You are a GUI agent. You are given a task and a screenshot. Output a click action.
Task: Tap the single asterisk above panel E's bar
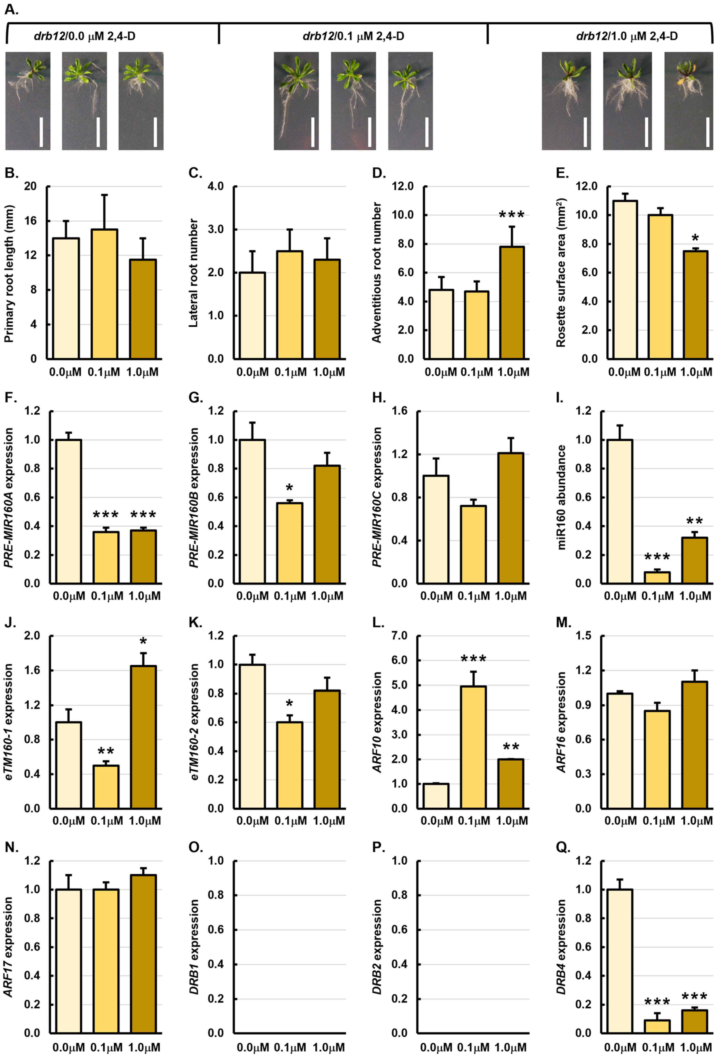tap(695, 238)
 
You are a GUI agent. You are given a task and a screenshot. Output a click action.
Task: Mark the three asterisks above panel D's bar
tap(512, 214)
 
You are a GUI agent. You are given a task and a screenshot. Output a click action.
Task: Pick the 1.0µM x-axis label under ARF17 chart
tap(144, 1047)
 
